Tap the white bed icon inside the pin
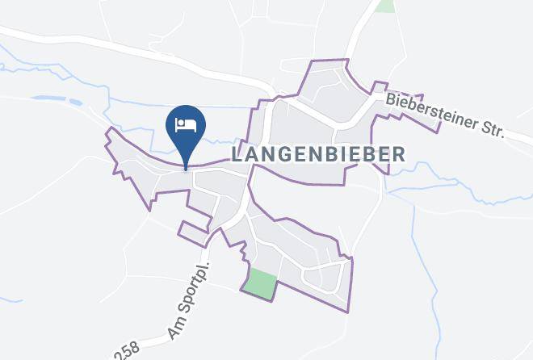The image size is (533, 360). point(186,125)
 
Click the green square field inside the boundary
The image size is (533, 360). point(260,283)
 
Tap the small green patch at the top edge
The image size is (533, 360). point(386,5)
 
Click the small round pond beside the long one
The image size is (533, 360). point(75,103)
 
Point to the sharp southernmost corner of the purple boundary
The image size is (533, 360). point(350,312)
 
